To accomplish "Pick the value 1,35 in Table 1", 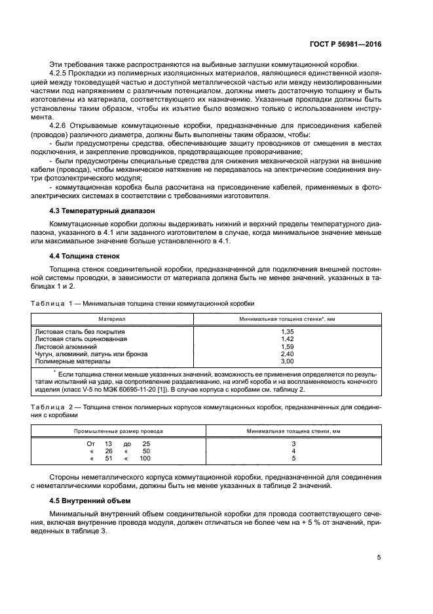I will click(287, 333).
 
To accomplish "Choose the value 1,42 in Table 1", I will click(287, 340).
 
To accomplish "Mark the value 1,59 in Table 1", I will click(287, 347).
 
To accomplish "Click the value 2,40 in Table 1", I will click(287, 354).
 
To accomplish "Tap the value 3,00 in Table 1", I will click(287, 361).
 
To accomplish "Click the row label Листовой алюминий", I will click(66, 347).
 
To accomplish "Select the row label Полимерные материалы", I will click(73, 361).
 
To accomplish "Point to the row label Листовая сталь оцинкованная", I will click(81, 340).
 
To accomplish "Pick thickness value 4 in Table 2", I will click(293, 451).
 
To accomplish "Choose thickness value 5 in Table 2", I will click(293, 459).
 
